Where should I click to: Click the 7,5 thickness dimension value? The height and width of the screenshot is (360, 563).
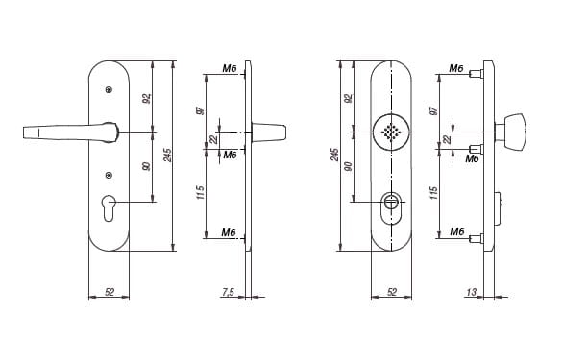point(228,292)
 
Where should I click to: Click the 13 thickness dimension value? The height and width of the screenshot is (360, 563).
point(471,292)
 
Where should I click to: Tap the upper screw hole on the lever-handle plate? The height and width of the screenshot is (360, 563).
point(109,89)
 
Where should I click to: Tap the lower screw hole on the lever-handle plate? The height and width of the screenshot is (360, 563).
point(109,175)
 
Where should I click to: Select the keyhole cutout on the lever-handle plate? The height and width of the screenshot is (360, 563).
point(109,207)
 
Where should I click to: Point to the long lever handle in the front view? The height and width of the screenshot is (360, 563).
point(70,132)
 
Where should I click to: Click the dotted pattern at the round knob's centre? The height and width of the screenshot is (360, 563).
point(391,132)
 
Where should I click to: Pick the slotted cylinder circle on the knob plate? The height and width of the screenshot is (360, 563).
point(391,201)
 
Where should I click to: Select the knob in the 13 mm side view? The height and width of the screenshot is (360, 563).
point(511,132)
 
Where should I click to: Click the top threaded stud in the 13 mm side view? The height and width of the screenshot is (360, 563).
point(477,74)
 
